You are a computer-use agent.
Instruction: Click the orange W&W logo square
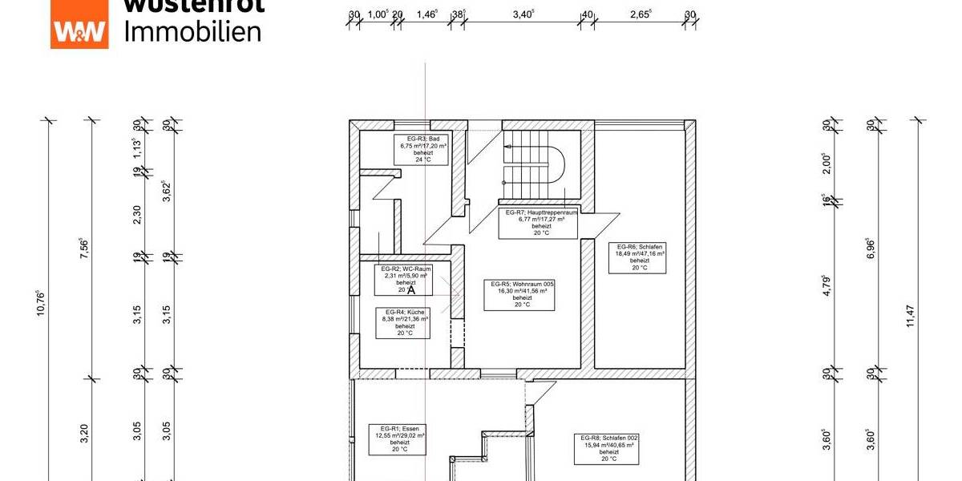pyautogui.click(x=79, y=25)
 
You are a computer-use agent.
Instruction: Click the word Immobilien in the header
pyautogui.click(x=193, y=31)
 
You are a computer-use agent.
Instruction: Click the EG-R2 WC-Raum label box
pyautogui.click(x=403, y=278)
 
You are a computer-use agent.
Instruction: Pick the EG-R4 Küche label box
pyautogui.click(x=405, y=321)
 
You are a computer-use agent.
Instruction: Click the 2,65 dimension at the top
pyautogui.click(x=640, y=14)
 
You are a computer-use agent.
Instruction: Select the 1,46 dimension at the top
pyautogui.click(x=428, y=14)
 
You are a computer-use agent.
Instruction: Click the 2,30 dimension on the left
pyautogui.click(x=138, y=214)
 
